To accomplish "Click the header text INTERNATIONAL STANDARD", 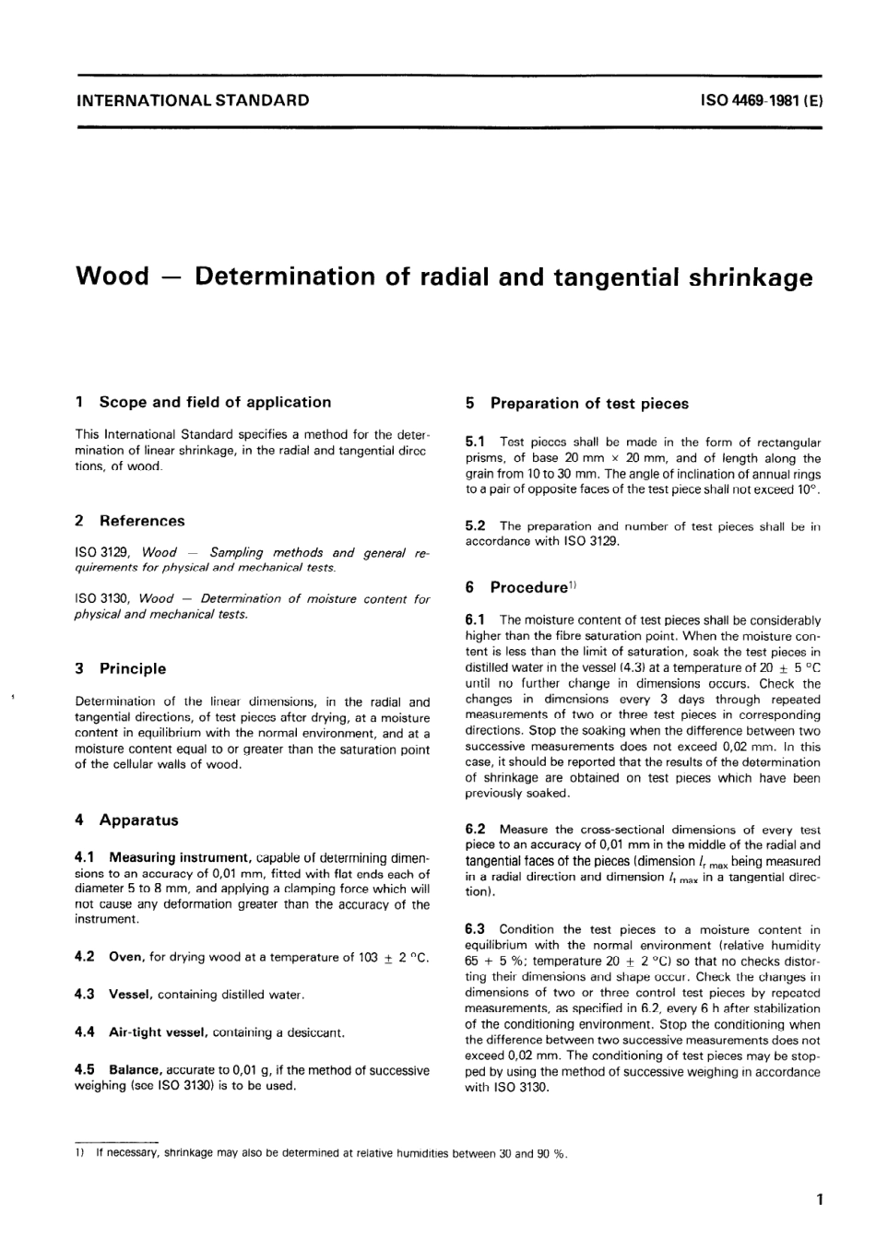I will (192, 100).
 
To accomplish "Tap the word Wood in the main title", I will (111, 277).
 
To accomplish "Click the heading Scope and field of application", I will (214, 402).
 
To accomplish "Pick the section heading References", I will (141, 521).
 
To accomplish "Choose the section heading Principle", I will (133, 668).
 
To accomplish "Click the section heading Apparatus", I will (138, 819).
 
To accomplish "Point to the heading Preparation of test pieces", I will (588, 403).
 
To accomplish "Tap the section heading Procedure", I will (527, 587).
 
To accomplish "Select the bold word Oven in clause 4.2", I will (126, 957).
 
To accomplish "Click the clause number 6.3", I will (476, 929).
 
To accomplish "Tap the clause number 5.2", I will (476, 525).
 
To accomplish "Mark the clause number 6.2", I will (476, 830).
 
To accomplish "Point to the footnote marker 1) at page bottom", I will (79, 1153).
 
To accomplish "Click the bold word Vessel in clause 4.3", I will (130, 995).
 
